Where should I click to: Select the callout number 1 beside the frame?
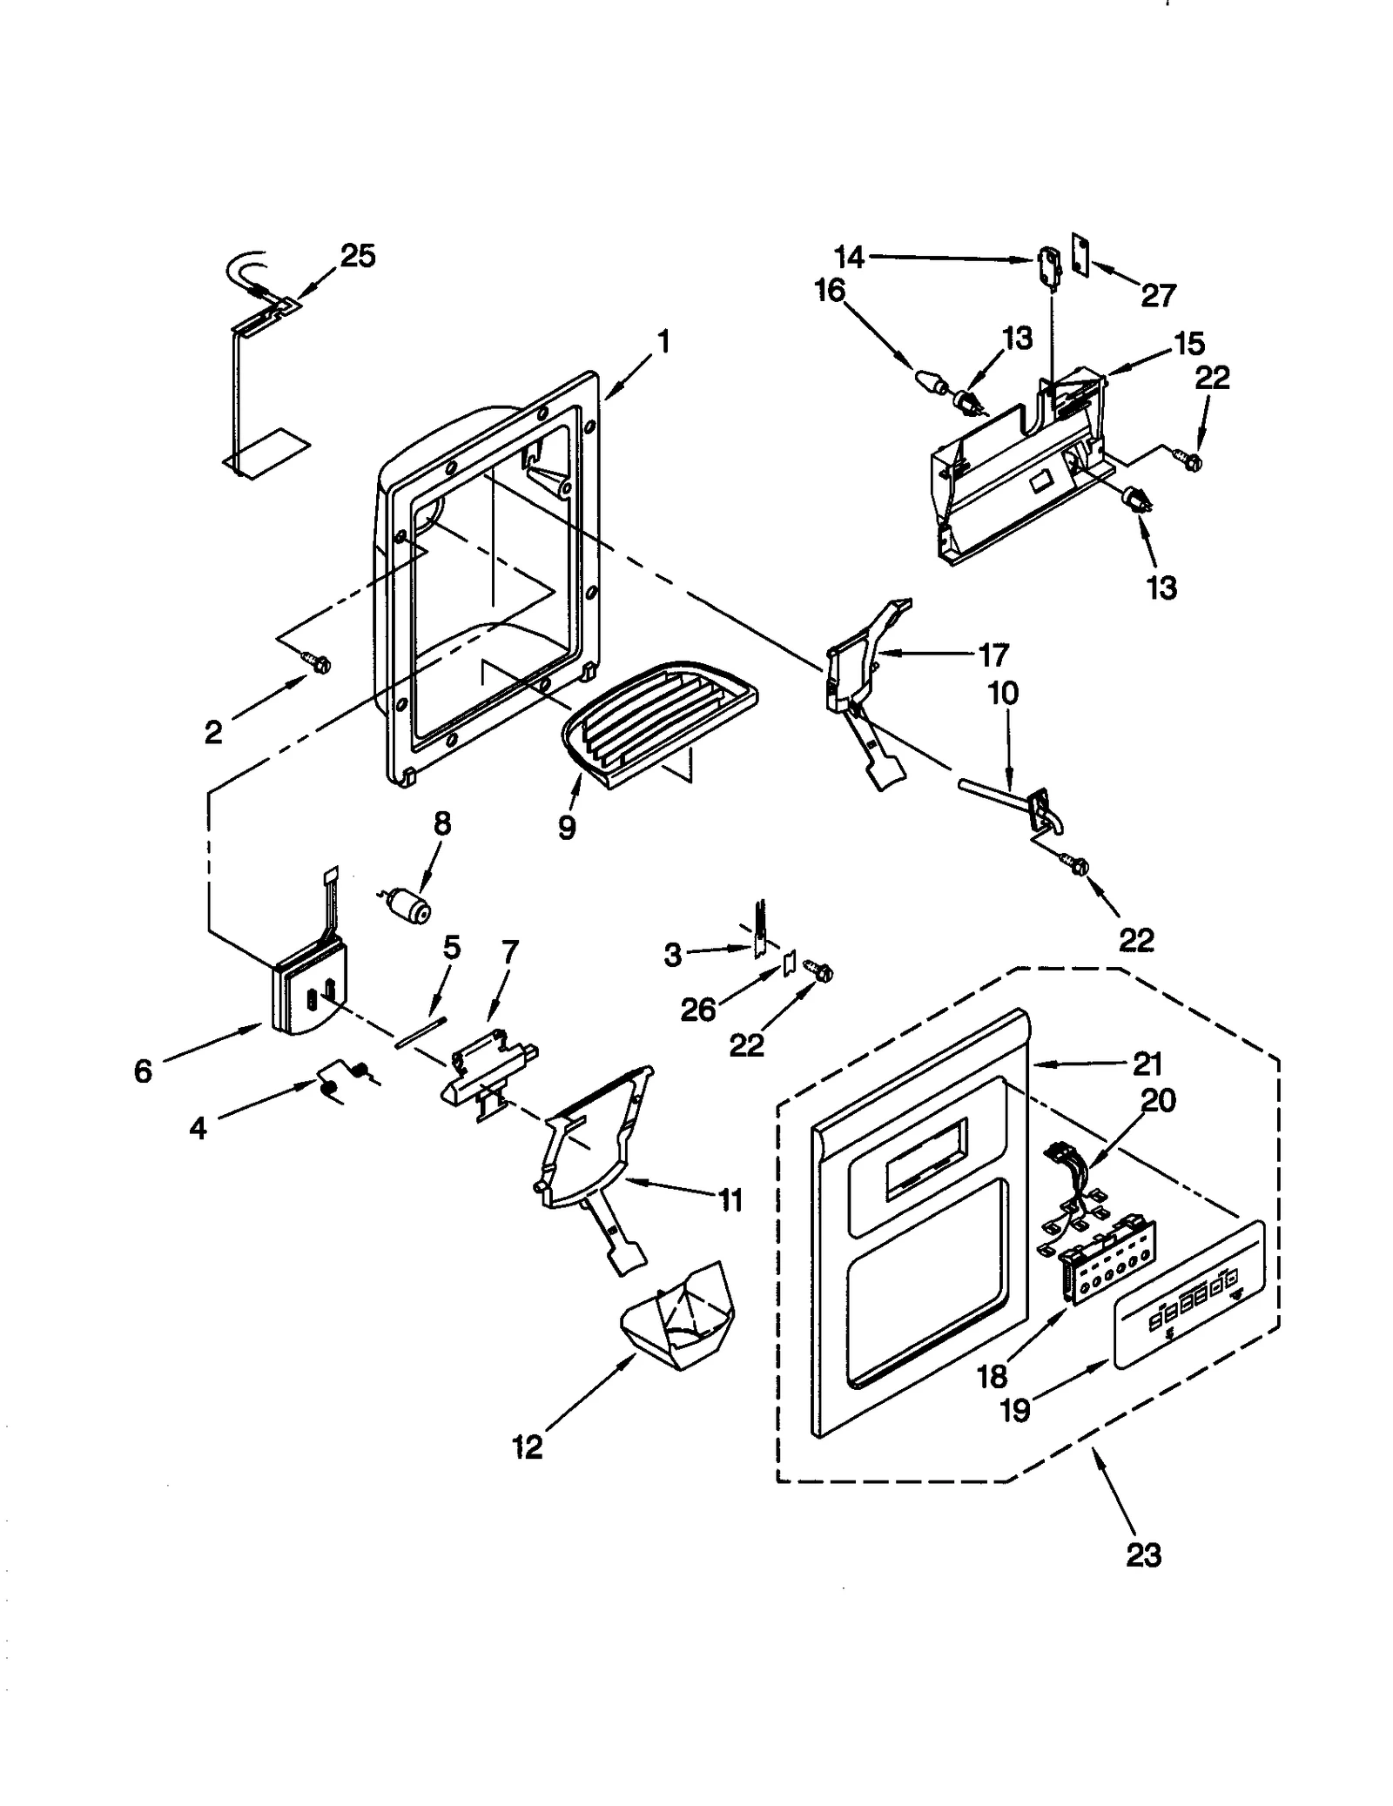[x=663, y=342]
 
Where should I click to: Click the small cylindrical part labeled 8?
[x=410, y=905]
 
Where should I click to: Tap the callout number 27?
[x=1159, y=296]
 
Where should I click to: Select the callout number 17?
[x=993, y=655]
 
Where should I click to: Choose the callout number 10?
[x=1003, y=694]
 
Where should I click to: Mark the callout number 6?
[x=143, y=1071]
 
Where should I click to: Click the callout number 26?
[x=698, y=1010]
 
